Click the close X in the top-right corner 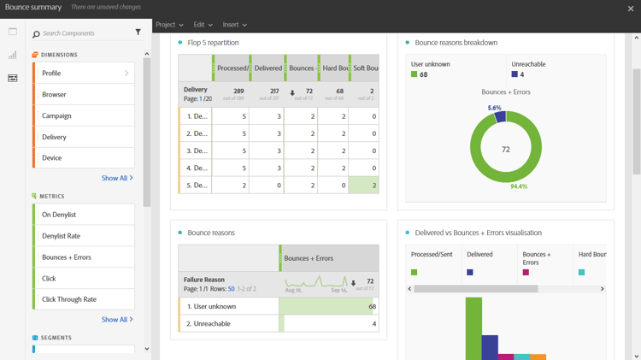[x=631, y=9]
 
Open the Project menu [x=168, y=25]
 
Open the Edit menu [x=203, y=25]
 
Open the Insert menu [x=234, y=25]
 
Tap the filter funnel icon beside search [x=138, y=32]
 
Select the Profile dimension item [x=84, y=74]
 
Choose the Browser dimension [x=84, y=95]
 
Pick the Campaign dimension [x=84, y=115]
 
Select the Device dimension [x=84, y=158]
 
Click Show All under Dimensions [x=116, y=179]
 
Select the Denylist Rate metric [x=84, y=236]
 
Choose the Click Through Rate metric [x=84, y=299]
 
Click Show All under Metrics [x=116, y=320]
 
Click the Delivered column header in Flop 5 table [x=268, y=68]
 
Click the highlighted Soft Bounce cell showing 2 [x=363, y=186]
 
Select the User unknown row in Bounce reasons [x=229, y=306]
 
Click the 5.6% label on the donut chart [x=495, y=109]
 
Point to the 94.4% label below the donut [x=518, y=186]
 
